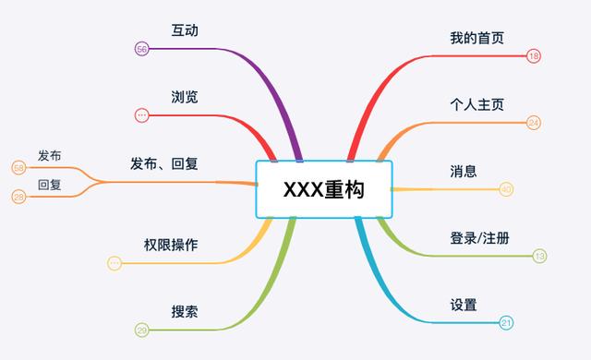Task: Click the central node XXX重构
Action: coord(323,189)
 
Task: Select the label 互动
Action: coord(185,30)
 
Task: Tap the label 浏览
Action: coord(185,97)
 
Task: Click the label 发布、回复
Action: coord(164,163)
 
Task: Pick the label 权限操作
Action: coord(171,245)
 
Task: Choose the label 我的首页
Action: coord(476,38)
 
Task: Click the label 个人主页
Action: coord(476,104)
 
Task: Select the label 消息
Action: coord(464,171)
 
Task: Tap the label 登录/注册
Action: coord(479,237)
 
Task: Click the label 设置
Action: coord(464,304)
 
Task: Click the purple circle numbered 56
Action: coord(141,49)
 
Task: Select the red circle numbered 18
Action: coord(534,56)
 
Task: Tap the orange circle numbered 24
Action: coord(534,123)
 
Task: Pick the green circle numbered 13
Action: coord(540,256)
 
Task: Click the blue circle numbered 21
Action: coord(506,323)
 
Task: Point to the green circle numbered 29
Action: coord(141,330)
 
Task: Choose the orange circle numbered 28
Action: coord(18,197)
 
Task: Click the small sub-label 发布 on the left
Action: coord(50,155)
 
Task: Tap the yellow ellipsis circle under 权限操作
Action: coord(115,263)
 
